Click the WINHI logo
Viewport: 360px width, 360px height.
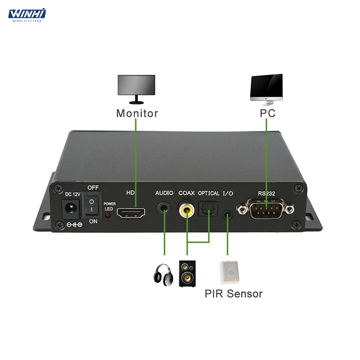[27, 14]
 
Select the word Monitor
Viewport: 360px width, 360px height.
[137, 113]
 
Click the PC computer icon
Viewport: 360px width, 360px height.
[266, 89]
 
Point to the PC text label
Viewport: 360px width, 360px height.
[267, 113]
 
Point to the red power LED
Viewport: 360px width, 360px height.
[107, 215]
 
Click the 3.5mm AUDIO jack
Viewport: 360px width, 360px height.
[164, 208]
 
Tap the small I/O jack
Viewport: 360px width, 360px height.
[227, 216]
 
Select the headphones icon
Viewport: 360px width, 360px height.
[163, 275]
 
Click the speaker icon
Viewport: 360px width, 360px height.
[187, 273]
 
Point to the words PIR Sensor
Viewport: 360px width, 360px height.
[233, 294]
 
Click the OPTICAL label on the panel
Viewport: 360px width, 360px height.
[208, 193]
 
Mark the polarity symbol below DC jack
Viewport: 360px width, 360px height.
[75, 225]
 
